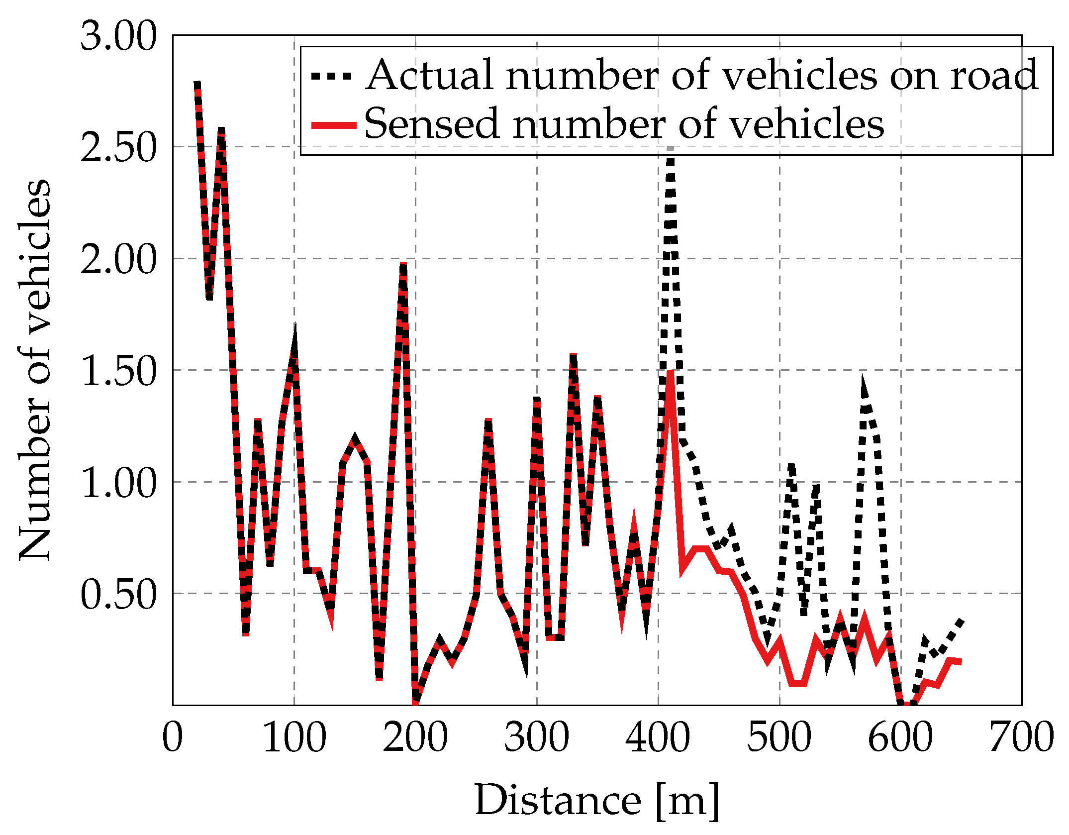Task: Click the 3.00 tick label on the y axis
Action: pyautogui.click(x=118, y=37)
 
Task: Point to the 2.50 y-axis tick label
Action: pyautogui.click(x=118, y=148)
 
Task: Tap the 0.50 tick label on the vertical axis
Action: pyautogui.click(x=118, y=595)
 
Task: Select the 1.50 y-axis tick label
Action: pyautogui.click(x=118, y=372)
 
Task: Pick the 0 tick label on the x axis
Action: pyautogui.click(x=173, y=737)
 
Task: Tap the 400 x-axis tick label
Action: pyautogui.click(x=658, y=737)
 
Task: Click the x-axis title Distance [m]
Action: pyautogui.click(x=597, y=800)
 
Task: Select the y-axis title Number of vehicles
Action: pyautogui.click(x=35, y=371)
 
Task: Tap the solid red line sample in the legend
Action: pyautogui.click(x=333, y=125)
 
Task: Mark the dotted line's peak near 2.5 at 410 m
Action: pyautogui.click(x=671, y=149)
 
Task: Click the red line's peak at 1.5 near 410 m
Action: pyautogui.click(x=671, y=373)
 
